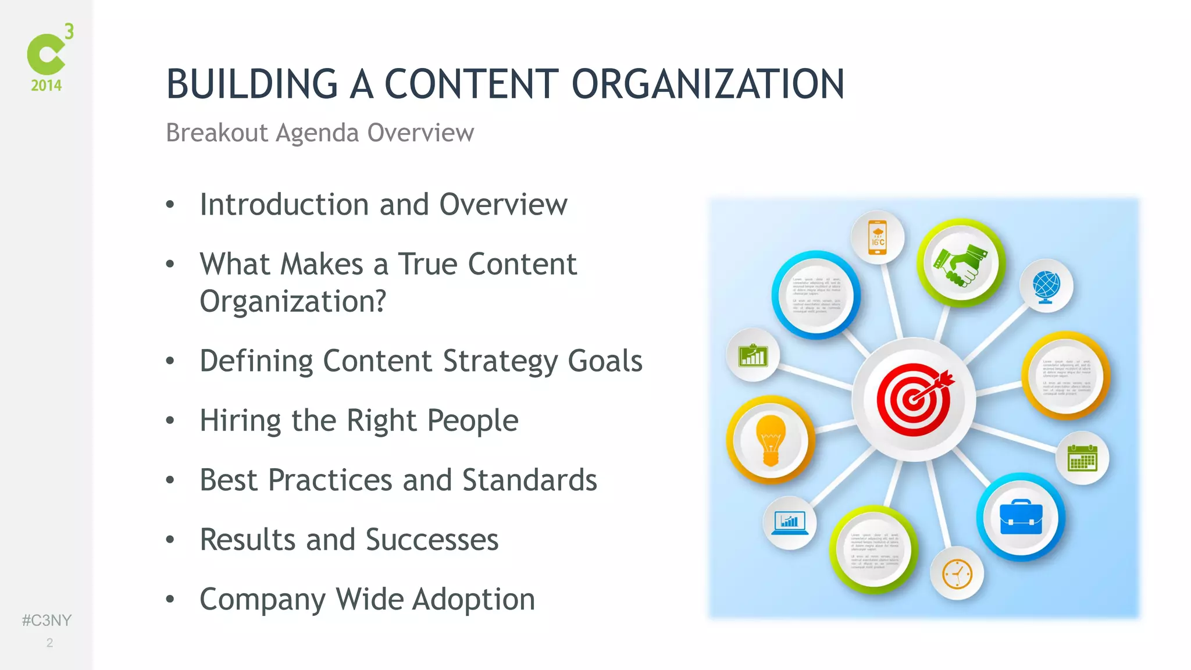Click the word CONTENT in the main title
(x=471, y=84)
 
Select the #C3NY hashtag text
(x=47, y=620)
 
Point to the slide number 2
(x=49, y=643)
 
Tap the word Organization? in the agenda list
(x=293, y=301)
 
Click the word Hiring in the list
(x=240, y=420)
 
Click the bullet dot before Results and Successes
(x=170, y=540)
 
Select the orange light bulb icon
(x=771, y=440)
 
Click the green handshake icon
(x=961, y=263)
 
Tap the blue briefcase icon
(x=1021, y=516)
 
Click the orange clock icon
(x=957, y=574)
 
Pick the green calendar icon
(x=1082, y=458)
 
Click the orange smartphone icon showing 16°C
(x=878, y=237)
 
